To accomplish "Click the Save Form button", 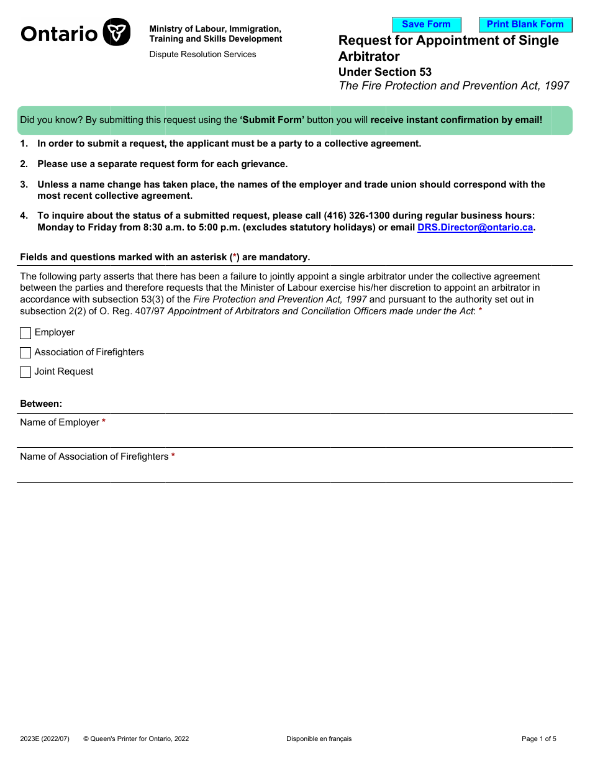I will coord(426,25).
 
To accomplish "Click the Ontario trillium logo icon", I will coord(116,32).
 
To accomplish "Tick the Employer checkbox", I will coord(25,334).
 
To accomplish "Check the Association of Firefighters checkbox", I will coord(25,353).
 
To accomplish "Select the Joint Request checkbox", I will coord(25,372).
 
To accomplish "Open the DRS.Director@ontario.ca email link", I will coord(475,227).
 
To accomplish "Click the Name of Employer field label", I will coord(60,422).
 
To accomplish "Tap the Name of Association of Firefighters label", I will coord(94,457).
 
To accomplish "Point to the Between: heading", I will coord(41,404).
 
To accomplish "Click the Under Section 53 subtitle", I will coord(384,72).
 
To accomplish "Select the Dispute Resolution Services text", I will coord(202,55).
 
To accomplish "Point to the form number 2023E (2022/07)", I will coord(45,739).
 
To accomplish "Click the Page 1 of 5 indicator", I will coord(538,739).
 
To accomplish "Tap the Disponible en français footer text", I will coord(319,739).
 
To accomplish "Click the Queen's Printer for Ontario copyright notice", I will coord(136,739).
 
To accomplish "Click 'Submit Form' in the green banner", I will coord(272,120).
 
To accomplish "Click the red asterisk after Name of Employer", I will coord(104,422).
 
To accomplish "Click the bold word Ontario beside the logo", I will coord(59,34).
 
